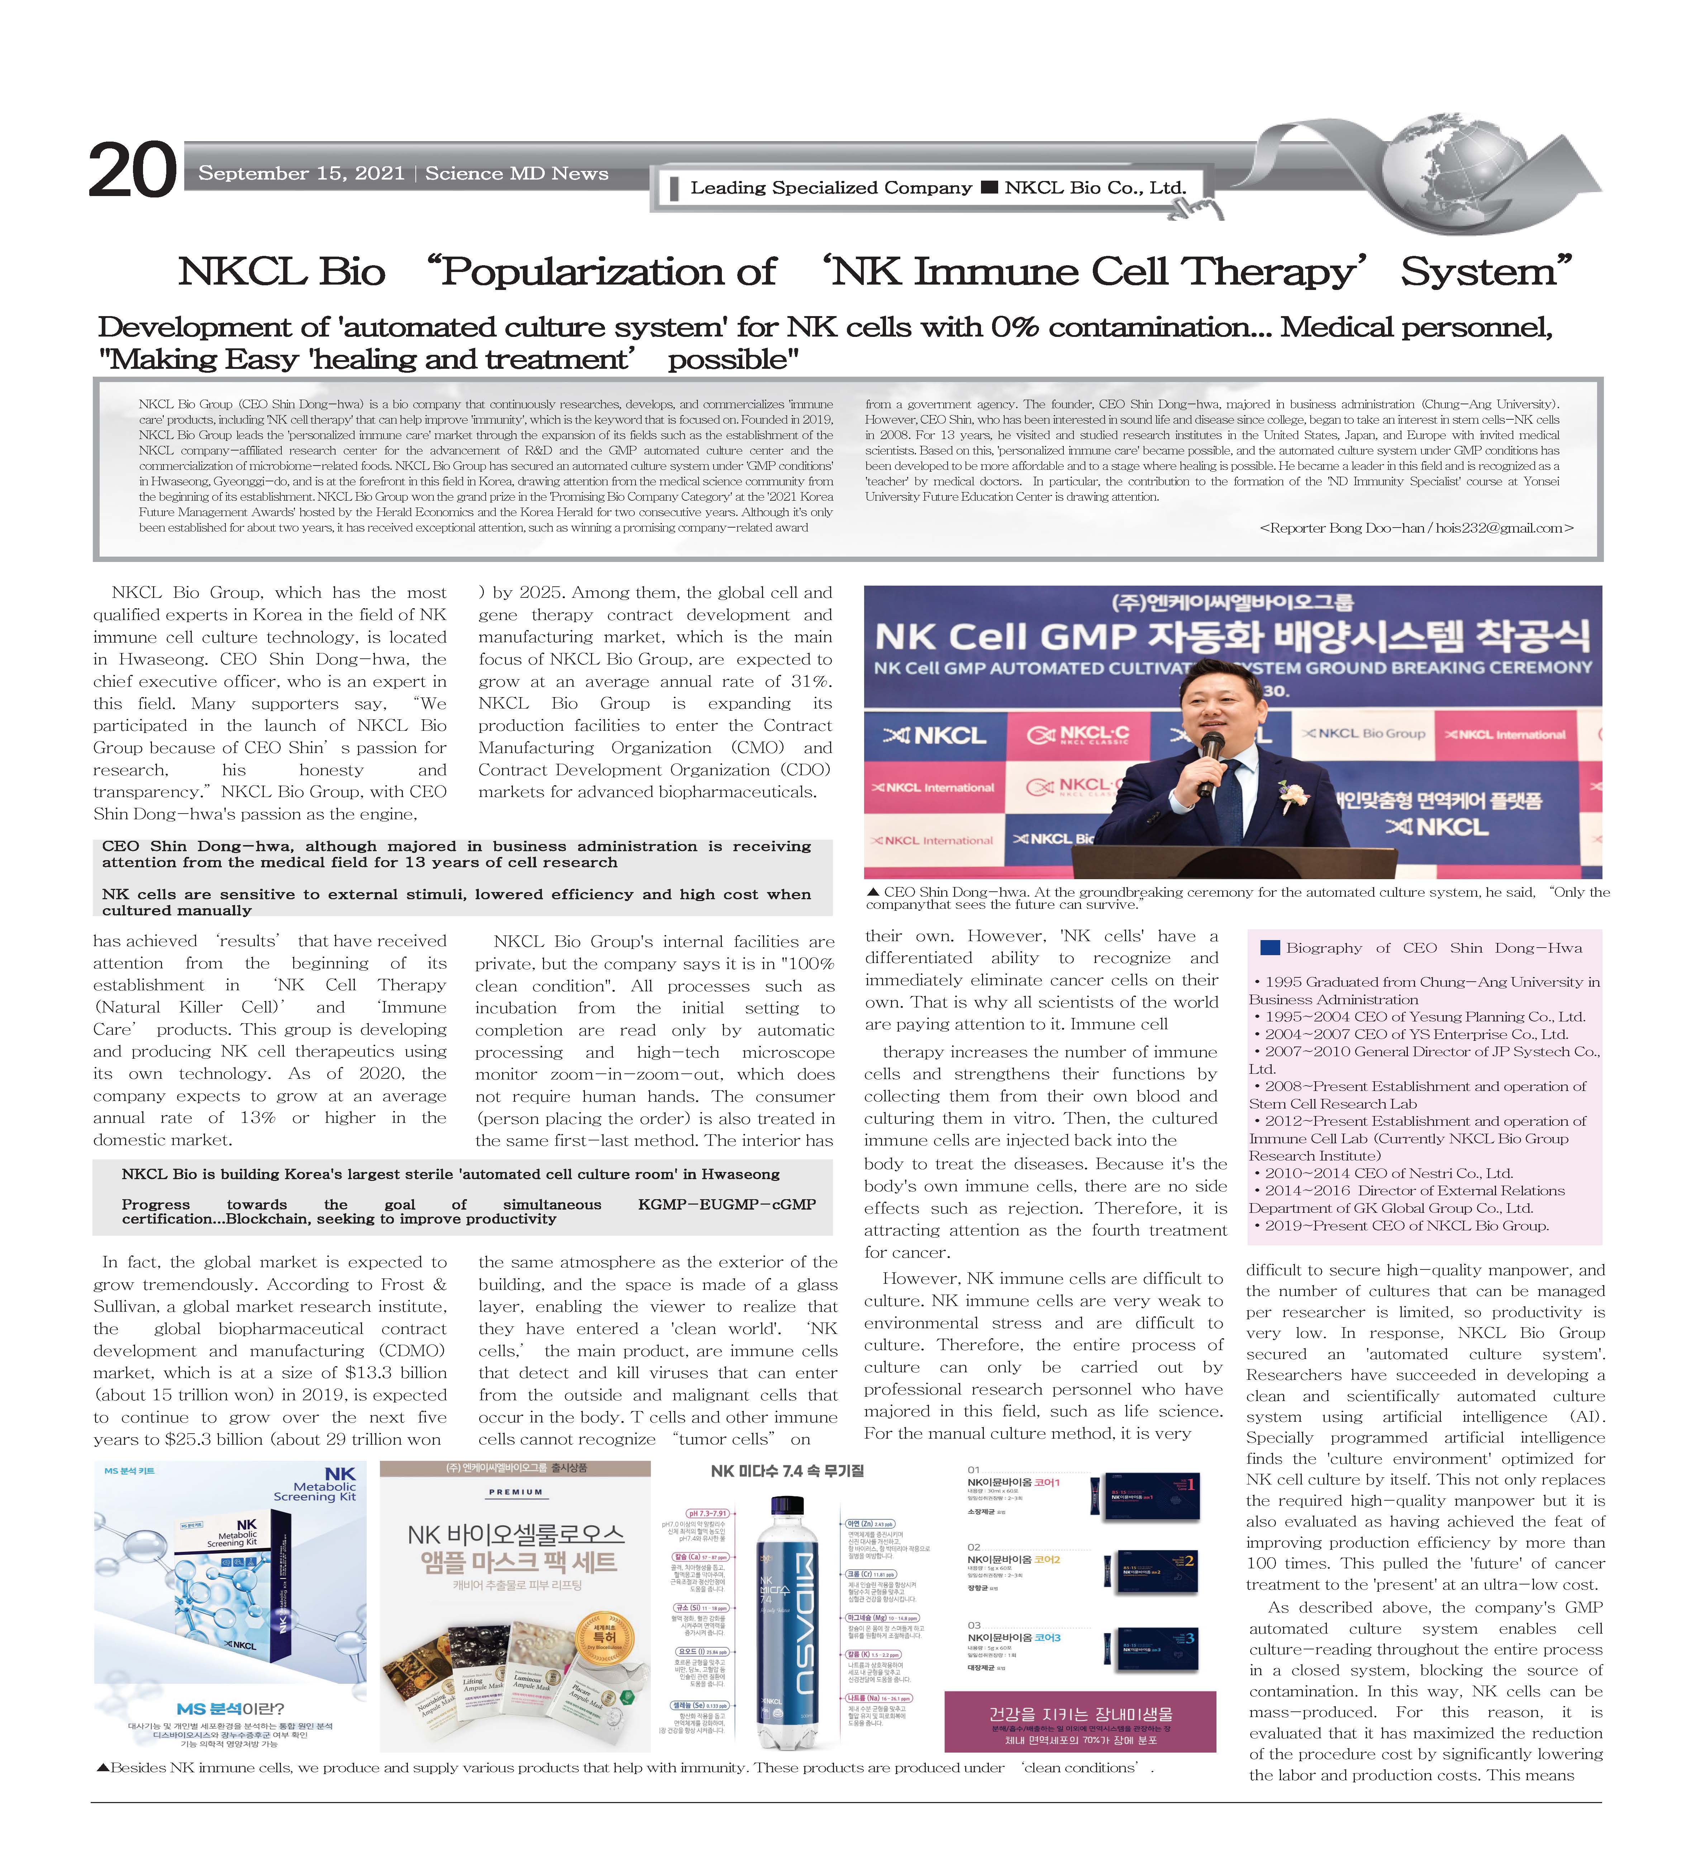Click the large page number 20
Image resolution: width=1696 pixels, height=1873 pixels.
[132, 170]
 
